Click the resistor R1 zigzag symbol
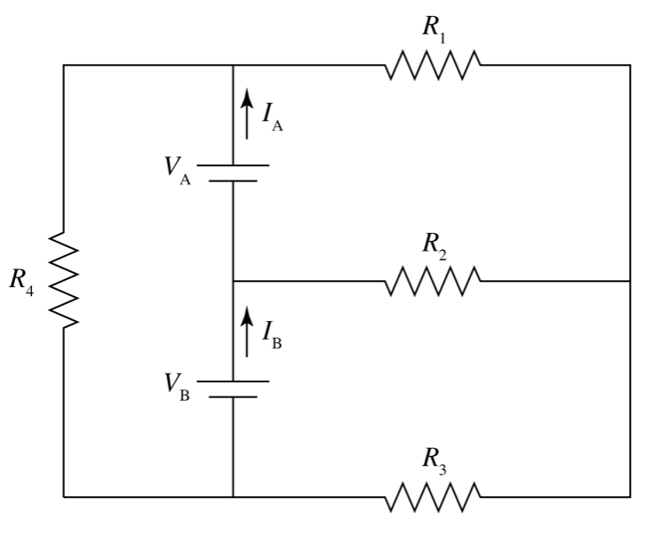(433, 65)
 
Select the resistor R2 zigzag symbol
(433, 281)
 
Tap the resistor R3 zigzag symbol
(433, 497)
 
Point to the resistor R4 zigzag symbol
(64, 281)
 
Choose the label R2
(434, 244)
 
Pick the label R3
(434, 461)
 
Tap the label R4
(22, 282)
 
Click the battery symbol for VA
(233, 173)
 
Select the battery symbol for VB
(233, 389)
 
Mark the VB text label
(177, 386)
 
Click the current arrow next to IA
(248, 115)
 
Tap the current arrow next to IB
(248, 330)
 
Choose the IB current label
(273, 335)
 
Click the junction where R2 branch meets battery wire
(233, 281)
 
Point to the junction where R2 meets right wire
(631, 281)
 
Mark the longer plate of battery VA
(233, 165)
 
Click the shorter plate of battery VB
(233, 397)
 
